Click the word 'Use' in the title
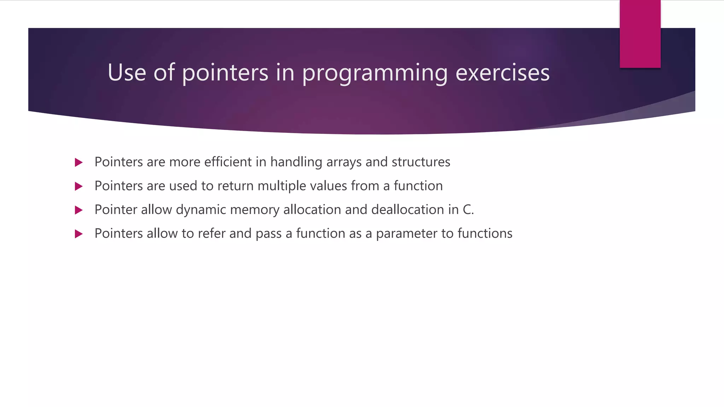coord(127,72)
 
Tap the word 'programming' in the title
coord(375,73)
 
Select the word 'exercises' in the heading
coord(502,72)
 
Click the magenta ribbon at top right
coord(640,34)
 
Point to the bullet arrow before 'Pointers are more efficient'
coord(78,163)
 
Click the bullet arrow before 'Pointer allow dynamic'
coord(78,210)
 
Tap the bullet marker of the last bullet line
coord(78,234)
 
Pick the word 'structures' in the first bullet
coord(421,162)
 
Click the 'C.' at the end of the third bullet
coord(468,210)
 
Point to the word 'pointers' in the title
coord(225,73)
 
